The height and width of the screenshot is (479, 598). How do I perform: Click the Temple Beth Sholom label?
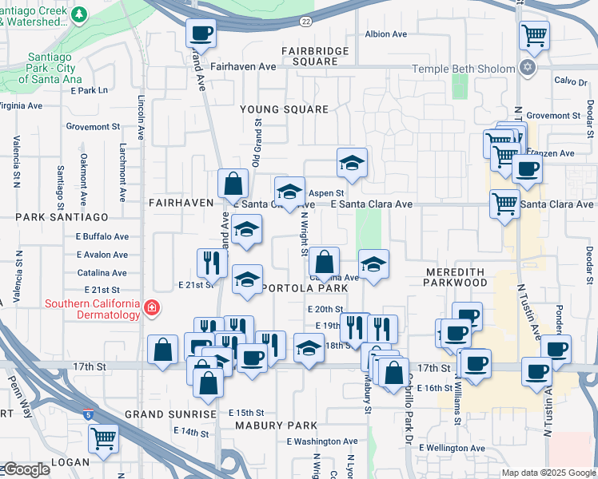coord(463,69)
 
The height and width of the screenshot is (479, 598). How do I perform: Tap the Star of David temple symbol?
coord(526,69)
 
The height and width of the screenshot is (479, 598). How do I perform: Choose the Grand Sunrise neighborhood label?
coord(170,415)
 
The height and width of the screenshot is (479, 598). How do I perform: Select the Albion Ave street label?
coord(386,34)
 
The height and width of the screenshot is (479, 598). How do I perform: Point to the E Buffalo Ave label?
coord(102,236)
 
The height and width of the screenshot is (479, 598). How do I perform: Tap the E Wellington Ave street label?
coord(452,448)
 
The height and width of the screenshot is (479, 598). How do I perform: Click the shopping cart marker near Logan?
coord(103,437)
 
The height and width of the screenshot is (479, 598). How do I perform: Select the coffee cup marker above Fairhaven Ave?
coord(201,34)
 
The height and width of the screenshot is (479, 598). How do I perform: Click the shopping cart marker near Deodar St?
coord(533,35)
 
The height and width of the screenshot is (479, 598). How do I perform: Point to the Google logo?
coord(27,469)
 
